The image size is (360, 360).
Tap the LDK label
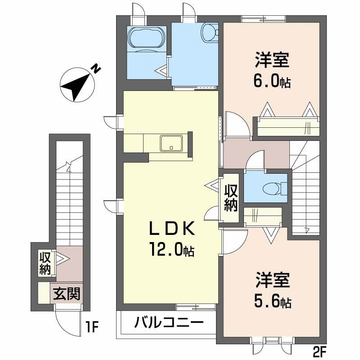pyautogui.click(x=171, y=230)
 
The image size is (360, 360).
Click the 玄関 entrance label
pyautogui.click(x=67, y=294)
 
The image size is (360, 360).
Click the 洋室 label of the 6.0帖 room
pyautogui.click(x=272, y=60)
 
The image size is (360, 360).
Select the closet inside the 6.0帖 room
pyautogui.click(x=288, y=126)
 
